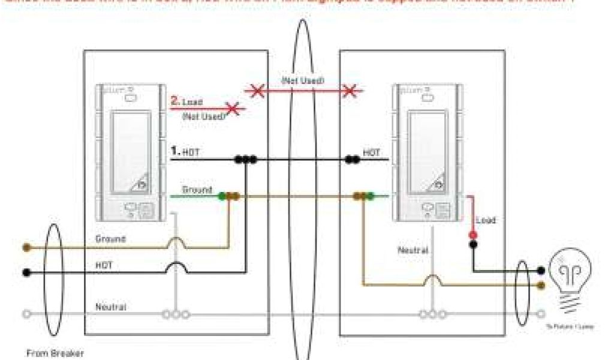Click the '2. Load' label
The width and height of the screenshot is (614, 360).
coord(186,102)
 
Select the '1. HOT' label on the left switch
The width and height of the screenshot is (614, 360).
coord(185,153)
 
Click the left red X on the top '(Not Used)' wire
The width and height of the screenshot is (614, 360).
coord(257,91)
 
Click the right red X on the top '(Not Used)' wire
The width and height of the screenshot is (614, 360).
coord(349,91)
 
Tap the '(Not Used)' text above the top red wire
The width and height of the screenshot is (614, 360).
coord(303,80)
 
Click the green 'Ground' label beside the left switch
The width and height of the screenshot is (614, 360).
coord(197,190)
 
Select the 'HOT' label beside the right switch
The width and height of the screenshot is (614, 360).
coord(372,153)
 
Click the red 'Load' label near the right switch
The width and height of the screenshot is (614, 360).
coord(486,220)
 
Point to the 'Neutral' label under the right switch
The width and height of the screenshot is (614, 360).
coord(413,250)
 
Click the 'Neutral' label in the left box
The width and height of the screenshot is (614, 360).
coord(111,307)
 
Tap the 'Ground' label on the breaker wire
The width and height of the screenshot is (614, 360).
coord(110,239)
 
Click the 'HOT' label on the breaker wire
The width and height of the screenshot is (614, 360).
coord(104,265)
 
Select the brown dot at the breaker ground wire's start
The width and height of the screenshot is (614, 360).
coord(26,247)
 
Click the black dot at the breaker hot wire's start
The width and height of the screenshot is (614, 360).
coord(26,272)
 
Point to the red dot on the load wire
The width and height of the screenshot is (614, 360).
coord(472,236)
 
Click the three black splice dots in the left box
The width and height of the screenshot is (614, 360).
coord(245,160)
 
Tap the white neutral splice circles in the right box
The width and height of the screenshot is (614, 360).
coord(432,314)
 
